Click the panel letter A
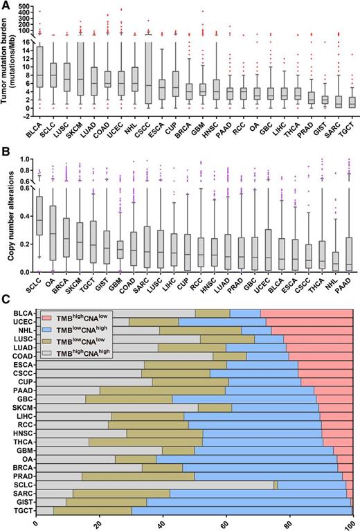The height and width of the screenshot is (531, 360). click(5, 6)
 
